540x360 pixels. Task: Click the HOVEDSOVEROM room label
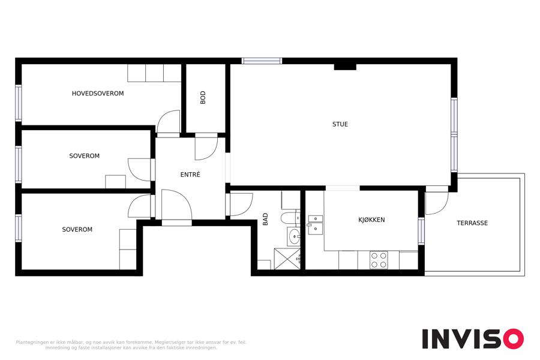coord(98,94)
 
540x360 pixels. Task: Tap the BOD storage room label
coord(203,97)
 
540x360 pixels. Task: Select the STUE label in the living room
coord(340,124)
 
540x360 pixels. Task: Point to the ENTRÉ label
coord(190,175)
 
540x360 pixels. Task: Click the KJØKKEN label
coord(371,220)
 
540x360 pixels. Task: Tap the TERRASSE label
coord(472,223)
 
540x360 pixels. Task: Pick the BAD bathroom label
coord(265,219)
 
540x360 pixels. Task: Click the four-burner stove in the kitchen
coord(379,260)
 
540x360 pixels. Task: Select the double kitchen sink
coord(315,224)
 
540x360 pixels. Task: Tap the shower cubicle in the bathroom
coord(287,259)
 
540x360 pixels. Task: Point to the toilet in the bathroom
coord(290,218)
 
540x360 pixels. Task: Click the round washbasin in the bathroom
coord(294,236)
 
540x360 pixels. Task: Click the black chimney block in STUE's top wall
coord(345,67)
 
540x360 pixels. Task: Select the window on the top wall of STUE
coord(262,61)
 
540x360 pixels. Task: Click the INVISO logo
coord(473,338)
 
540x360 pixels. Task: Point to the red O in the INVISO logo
coord(513,338)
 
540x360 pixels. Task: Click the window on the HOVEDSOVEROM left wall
coord(18,103)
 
